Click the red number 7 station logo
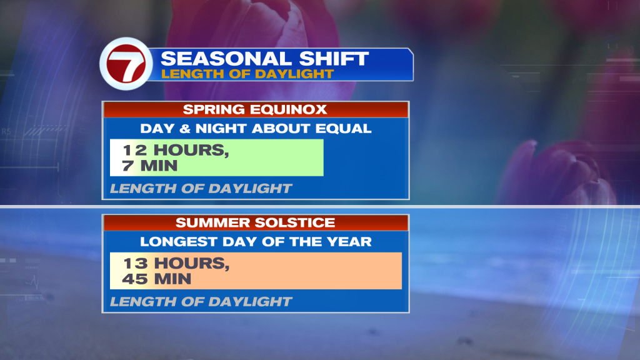(126, 64)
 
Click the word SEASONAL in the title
(227, 59)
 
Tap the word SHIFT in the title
(334, 59)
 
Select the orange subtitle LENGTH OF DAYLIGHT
(247, 74)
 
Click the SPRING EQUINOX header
(255, 109)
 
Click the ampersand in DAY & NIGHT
(185, 129)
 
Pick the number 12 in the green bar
(135, 150)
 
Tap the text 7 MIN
(150, 166)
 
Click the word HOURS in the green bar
(191, 150)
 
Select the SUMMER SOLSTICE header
(255, 222)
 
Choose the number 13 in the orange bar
(135, 263)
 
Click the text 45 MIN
(157, 279)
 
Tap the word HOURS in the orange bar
(191, 263)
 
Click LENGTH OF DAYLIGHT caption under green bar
(201, 189)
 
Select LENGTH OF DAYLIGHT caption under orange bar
(201, 302)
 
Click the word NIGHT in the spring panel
(221, 129)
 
